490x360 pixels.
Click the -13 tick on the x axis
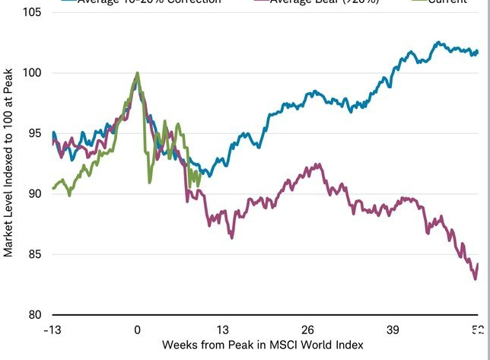point(52,330)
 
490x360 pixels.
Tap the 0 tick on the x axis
point(138,330)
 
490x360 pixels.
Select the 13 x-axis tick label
point(222,330)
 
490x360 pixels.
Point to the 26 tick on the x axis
point(307,330)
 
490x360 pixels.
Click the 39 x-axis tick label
point(393,330)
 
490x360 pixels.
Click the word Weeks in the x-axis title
point(180,345)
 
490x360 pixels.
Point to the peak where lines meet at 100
point(137,74)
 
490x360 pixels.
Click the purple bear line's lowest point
point(475,279)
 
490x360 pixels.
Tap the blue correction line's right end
point(477,52)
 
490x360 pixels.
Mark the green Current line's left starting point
point(52,188)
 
